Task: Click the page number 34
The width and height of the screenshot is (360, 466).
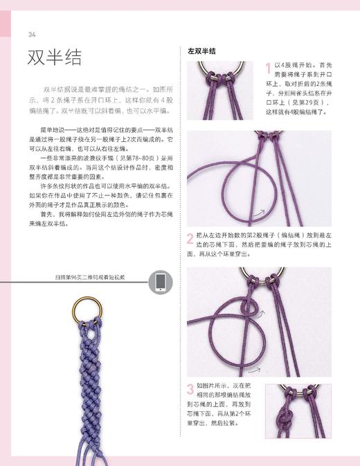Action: pyautogui.click(x=32, y=35)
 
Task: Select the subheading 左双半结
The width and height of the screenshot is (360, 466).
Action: pyautogui.click(x=201, y=51)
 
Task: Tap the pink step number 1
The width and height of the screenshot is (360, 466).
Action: pyautogui.click(x=268, y=67)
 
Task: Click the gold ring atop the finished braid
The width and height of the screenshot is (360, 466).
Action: pyautogui.click(x=84, y=307)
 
